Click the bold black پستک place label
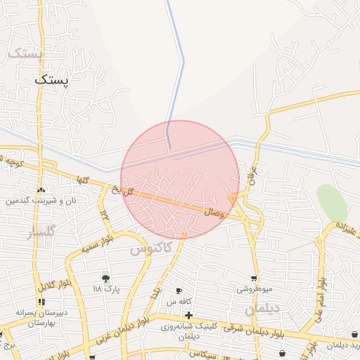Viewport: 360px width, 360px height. [52, 80]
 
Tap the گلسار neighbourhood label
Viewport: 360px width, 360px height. [40, 232]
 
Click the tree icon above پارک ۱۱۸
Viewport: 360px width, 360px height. [106, 279]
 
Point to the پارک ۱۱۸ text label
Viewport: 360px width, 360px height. [106, 289]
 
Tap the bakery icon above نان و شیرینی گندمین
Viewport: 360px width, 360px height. [41, 190]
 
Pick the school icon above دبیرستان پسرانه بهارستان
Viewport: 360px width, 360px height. [41, 302]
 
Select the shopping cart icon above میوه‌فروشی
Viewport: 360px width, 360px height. [254, 278]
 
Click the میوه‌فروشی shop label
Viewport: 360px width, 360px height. [254, 289]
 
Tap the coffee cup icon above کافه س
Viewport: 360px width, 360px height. [179, 291]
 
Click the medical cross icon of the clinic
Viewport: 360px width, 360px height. [188, 314]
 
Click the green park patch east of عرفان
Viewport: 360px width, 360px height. [332, 201]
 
